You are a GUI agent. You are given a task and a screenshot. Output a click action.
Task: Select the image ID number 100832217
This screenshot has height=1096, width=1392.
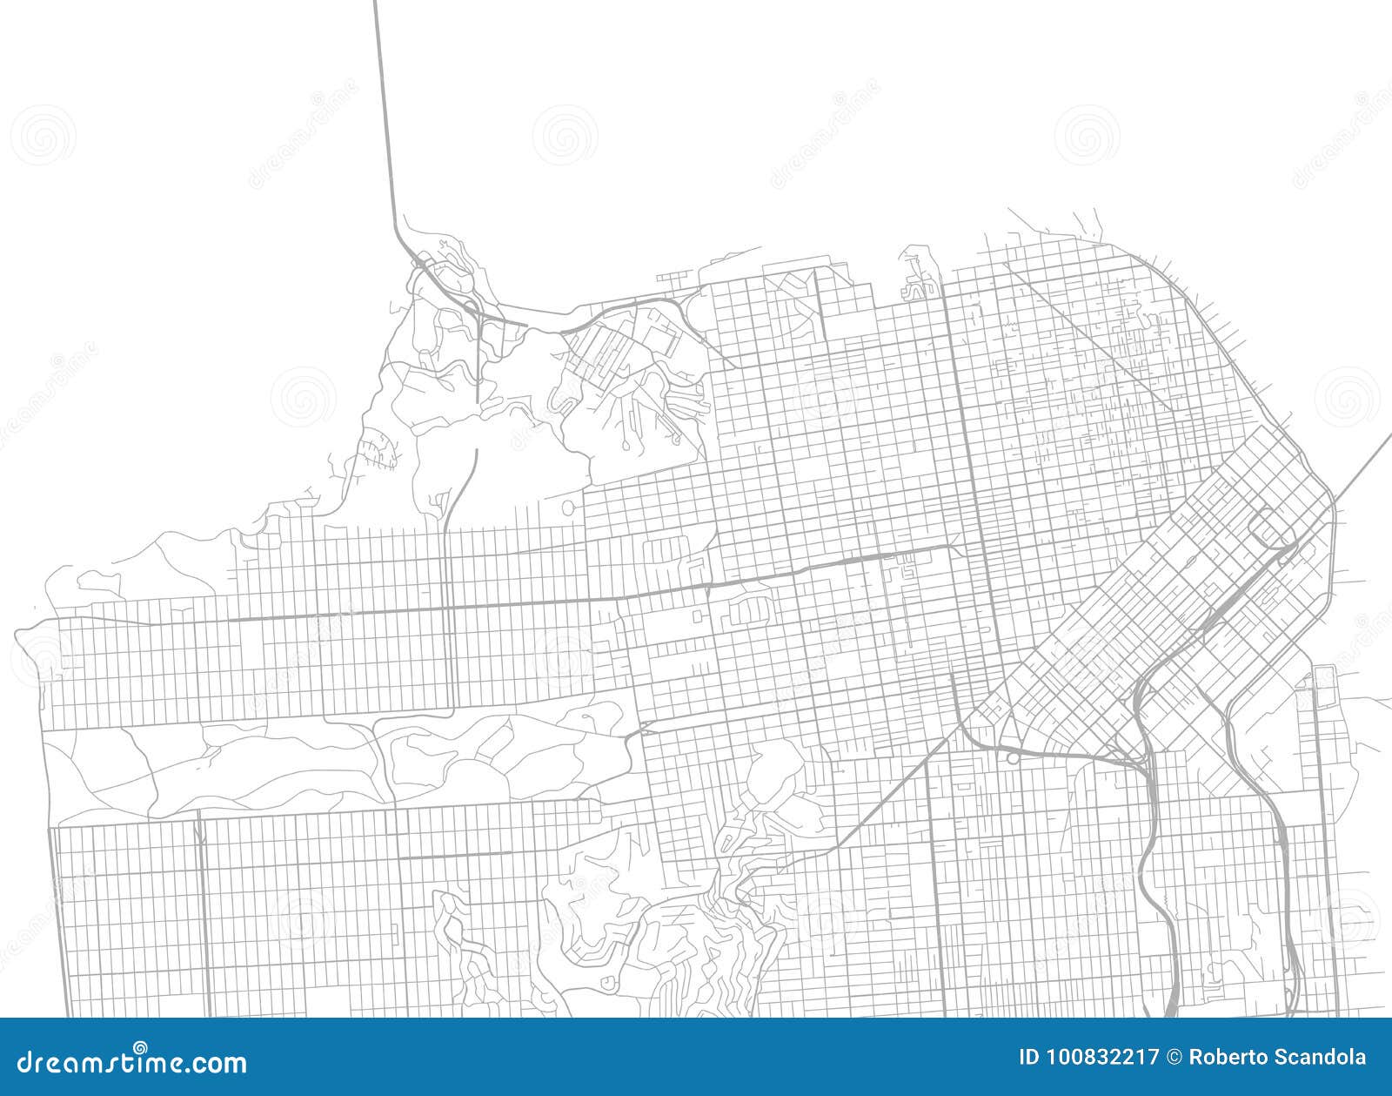coord(1103,1058)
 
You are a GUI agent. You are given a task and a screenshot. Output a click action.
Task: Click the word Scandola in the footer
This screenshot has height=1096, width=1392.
coord(1323,1058)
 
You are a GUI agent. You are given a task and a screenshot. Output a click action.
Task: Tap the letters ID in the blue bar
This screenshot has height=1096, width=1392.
coord(1029,1058)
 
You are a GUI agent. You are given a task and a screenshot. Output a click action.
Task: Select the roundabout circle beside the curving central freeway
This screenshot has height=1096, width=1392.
coord(1013,759)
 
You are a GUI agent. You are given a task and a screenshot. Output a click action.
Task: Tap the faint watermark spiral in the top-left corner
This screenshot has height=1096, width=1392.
coord(43,135)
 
